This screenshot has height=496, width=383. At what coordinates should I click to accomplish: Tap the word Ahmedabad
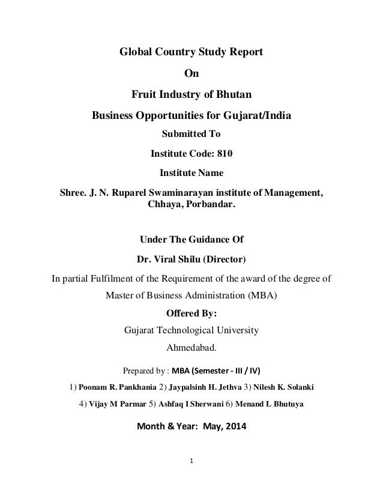(x=191, y=347)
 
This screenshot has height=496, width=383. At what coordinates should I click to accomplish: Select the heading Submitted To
(x=191, y=133)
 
